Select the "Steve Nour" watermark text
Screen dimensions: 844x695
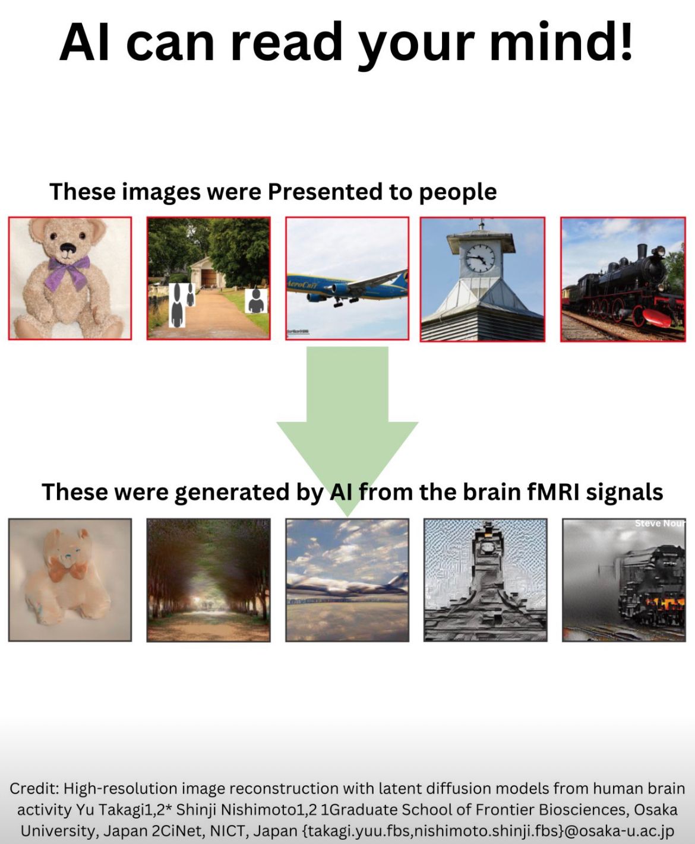[659, 523]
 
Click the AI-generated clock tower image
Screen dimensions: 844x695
[485, 580]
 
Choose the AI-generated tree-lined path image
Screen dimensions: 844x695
[208, 580]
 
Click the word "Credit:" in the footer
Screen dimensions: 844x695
[34, 789]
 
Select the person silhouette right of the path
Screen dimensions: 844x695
[257, 301]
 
